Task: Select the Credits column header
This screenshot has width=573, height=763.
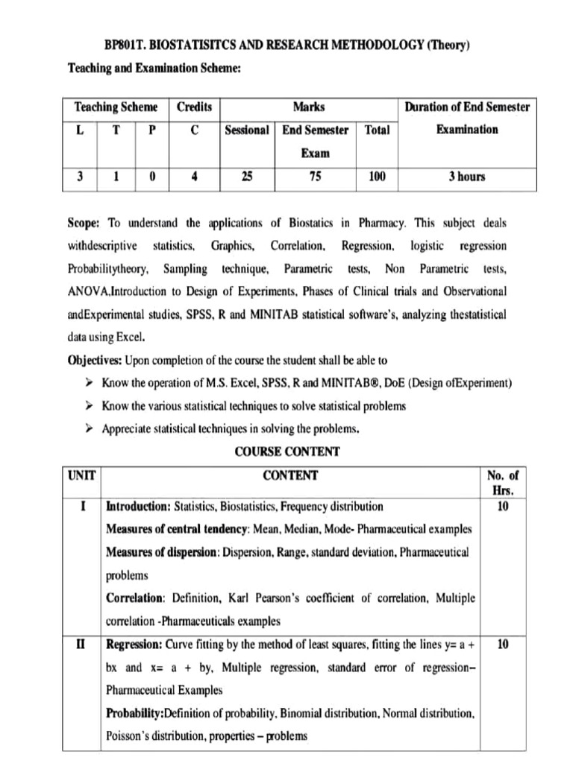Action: coord(194,107)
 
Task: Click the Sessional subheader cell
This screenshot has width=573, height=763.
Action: coord(246,130)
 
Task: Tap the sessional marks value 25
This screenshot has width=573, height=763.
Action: coord(247,177)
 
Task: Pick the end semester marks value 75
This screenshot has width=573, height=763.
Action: coord(315,177)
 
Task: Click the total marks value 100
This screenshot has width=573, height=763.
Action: coord(377,177)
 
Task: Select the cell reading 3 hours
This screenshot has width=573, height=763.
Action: coord(466,177)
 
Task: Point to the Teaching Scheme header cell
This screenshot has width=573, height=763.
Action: coord(116,107)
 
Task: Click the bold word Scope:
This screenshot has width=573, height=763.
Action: coord(84,223)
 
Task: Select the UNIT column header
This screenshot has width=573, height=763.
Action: coord(82,475)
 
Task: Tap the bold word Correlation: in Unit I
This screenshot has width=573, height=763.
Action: coord(136,598)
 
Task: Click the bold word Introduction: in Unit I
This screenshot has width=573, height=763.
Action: coord(139,507)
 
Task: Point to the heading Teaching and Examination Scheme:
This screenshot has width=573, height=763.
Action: coord(154,68)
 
